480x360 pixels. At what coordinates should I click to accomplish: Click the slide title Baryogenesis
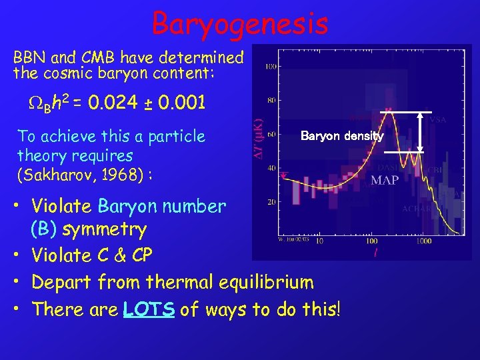pos(240,23)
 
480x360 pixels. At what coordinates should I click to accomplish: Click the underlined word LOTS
pos(149,309)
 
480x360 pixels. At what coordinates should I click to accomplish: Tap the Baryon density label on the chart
pos(342,136)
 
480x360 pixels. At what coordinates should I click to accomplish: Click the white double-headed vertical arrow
pos(420,132)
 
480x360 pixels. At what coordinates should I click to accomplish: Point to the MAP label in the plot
pos(384,180)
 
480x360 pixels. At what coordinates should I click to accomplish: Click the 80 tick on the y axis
pos(271,101)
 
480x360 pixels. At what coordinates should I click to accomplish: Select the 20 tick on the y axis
pos(271,201)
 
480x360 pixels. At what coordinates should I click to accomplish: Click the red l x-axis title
pos(377,252)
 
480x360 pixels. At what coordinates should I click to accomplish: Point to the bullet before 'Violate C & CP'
pos(21,256)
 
